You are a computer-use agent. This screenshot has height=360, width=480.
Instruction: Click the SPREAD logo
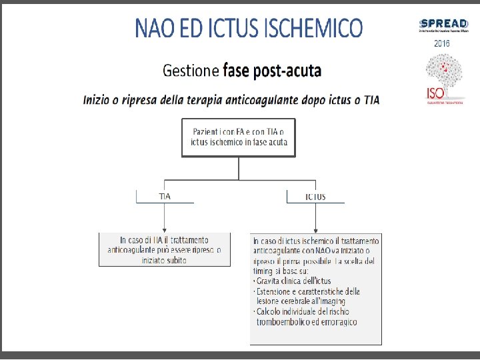(x=442, y=25)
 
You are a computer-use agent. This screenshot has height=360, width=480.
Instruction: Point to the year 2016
(x=442, y=43)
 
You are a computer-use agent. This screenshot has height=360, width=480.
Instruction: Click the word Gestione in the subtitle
(x=191, y=70)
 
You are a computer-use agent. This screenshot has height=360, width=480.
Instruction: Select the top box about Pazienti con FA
(x=238, y=137)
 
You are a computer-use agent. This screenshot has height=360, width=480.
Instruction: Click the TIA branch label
(x=165, y=197)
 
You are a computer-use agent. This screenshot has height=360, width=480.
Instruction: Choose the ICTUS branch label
(x=315, y=197)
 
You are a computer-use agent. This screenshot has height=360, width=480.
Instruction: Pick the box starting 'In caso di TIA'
(x=165, y=250)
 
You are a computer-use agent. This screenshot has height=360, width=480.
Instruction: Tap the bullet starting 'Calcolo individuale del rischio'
(x=303, y=312)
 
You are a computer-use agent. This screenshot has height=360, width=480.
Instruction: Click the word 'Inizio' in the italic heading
(x=97, y=100)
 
